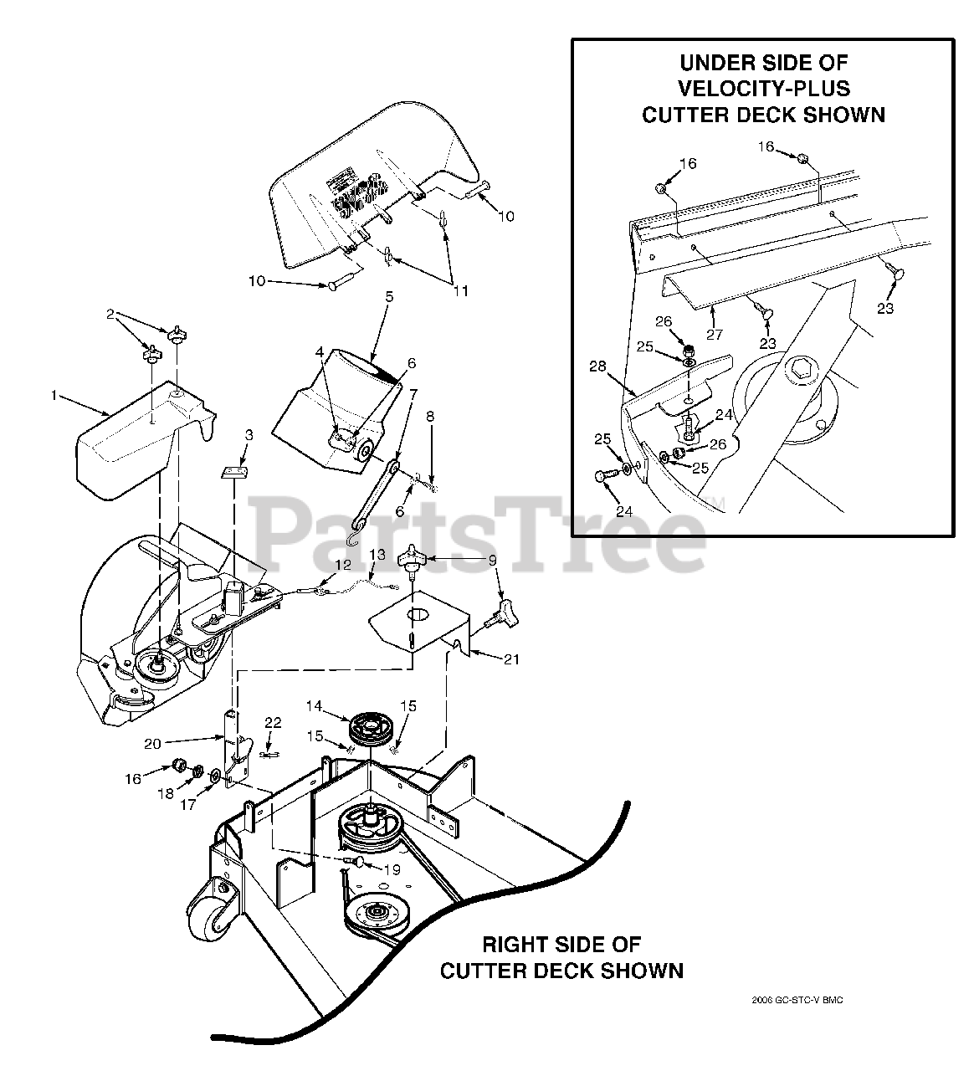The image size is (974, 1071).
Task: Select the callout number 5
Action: [388, 296]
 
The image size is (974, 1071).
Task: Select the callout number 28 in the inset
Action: [595, 366]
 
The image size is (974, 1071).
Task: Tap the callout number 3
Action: [249, 436]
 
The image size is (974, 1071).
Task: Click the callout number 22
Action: [273, 723]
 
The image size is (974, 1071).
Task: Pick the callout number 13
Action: [377, 555]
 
